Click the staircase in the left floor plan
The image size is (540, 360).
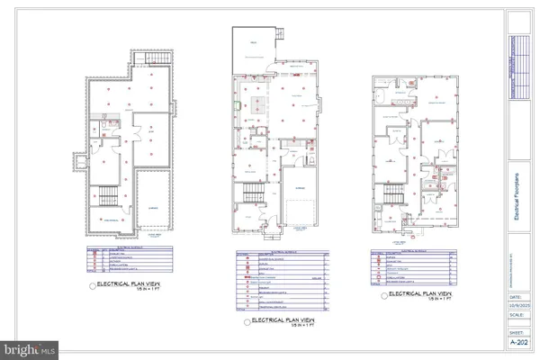click(106, 197)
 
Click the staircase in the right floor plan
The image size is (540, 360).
click(391, 195)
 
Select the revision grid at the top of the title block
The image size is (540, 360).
click(517, 67)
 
